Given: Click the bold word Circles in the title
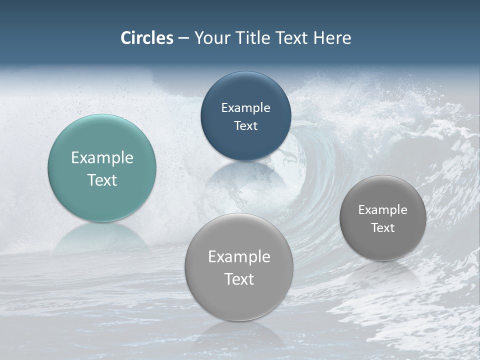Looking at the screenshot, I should click(x=147, y=38).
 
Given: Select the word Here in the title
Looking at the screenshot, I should click(x=332, y=38).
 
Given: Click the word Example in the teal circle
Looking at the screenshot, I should click(x=102, y=158).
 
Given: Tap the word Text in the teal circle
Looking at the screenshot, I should click(x=102, y=180).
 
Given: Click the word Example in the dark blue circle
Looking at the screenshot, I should click(x=245, y=108).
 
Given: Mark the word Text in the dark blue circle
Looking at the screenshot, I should click(x=245, y=126).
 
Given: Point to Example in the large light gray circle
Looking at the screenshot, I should click(x=239, y=257).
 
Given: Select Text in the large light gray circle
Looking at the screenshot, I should click(x=239, y=279).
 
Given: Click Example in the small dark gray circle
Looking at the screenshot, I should click(x=382, y=210).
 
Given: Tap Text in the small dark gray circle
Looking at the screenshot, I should click(x=382, y=228).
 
